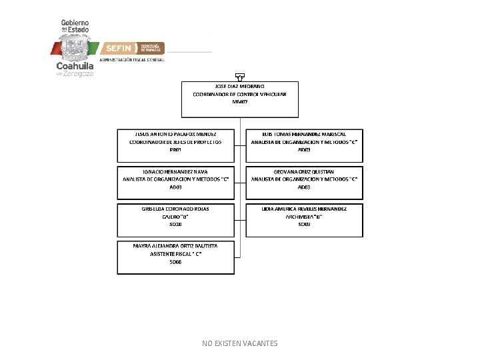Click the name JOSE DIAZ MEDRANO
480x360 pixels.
click(x=240, y=87)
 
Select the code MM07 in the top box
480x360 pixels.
click(x=240, y=102)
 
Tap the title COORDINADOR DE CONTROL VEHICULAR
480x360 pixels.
click(x=240, y=95)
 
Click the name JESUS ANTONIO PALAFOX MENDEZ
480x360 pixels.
click(x=175, y=134)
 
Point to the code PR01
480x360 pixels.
click(x=175, y=150)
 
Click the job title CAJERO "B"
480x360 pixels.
click(x=175, y=217)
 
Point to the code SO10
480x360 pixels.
click(x=175, y=225)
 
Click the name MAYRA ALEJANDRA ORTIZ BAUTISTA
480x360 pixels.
click(x=175, y=247)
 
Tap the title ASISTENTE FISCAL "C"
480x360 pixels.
click(x=175, y=255)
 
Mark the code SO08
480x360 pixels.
click(x=175, y=262)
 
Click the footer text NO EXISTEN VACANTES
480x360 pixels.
click(x=240, y=343)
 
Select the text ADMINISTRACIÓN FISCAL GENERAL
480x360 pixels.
click(x=131, y=60)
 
